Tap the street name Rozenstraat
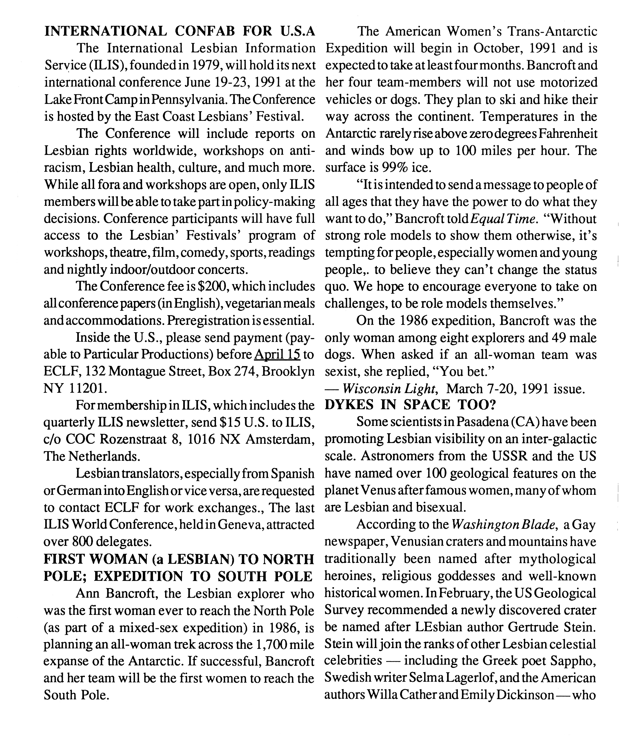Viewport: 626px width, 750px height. click(134, 439)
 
